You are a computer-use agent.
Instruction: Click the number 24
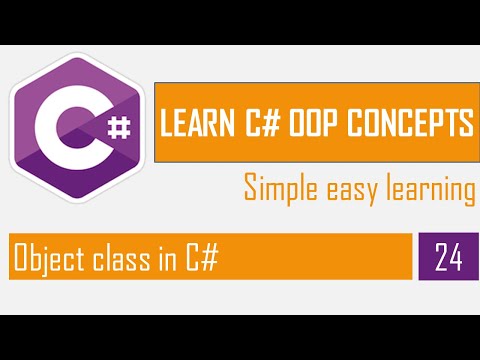point(449,258)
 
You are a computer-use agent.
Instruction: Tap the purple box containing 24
point(449,258)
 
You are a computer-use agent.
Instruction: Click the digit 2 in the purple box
point(442,258)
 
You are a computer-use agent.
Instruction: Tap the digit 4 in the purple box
point(456,258)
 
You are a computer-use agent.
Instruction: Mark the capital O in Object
point(20,258)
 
